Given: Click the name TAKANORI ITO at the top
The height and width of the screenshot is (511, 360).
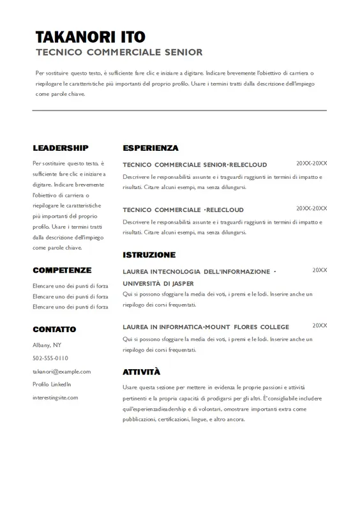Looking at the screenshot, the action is point(91,36).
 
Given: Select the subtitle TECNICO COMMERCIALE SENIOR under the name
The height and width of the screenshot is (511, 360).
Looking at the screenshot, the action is point(119,52).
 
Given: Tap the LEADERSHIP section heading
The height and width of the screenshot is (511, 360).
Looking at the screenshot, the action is point(61,148).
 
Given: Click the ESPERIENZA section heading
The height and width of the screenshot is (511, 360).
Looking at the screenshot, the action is point(151,148).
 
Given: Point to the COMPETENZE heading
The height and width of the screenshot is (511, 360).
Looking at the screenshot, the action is point(62,270).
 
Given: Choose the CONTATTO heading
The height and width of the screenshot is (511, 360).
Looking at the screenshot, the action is point(54,329).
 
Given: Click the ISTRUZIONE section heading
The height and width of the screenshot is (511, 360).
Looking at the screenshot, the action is point(149,255).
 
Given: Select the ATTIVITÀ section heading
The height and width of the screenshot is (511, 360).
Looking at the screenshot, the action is point(141,372).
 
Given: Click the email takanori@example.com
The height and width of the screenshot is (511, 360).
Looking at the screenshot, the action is point(61,371).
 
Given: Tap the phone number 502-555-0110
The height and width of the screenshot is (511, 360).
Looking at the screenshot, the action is point(50,358).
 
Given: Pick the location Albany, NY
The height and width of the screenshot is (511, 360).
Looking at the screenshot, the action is point(47,345).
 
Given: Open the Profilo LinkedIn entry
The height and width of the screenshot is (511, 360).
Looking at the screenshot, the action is point(52,384).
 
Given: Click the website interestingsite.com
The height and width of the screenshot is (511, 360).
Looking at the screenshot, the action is point(55,397).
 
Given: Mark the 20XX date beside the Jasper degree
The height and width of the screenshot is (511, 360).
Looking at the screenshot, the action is point(319,270).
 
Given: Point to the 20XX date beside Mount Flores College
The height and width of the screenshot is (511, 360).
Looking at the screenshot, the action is point(319,326).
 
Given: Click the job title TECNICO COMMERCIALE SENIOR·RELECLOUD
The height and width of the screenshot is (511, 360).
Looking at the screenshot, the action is point(195,165).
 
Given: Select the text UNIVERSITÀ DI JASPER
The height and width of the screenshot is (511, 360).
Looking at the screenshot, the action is point(158,283).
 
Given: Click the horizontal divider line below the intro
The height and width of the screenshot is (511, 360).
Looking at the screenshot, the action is point(179,111).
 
